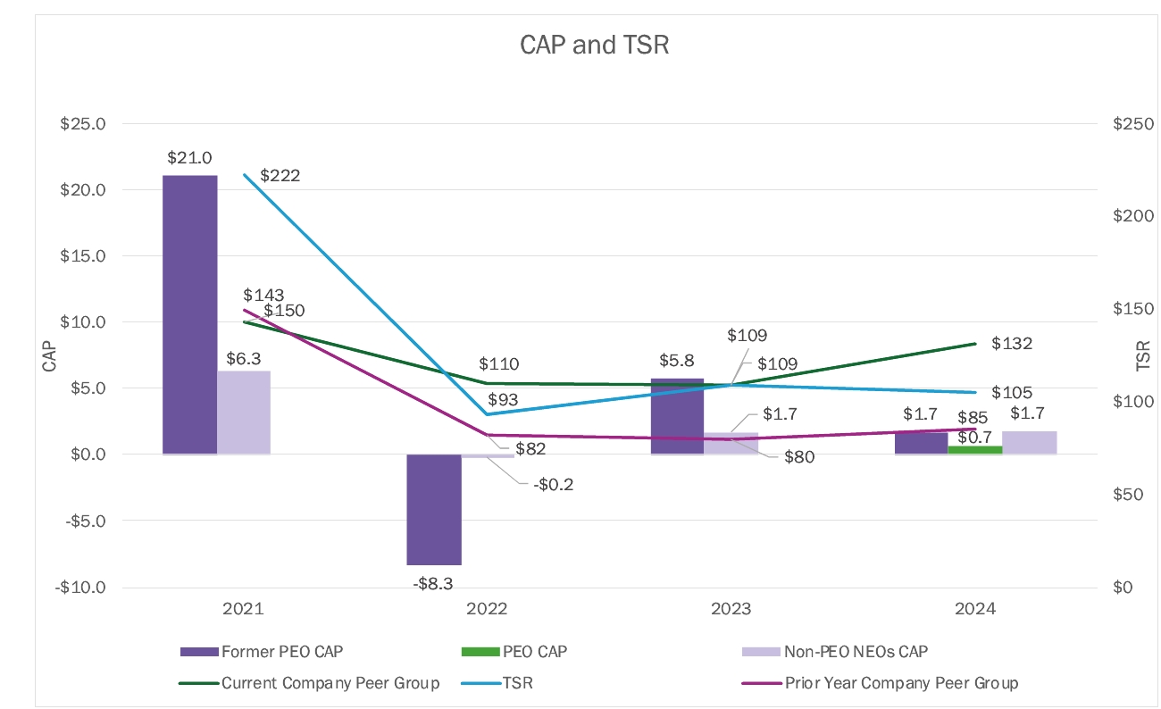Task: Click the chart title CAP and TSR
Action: [x=594, y=45]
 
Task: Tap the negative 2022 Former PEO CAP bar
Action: [x=434, y=509]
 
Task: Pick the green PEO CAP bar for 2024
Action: [x=975, y=450]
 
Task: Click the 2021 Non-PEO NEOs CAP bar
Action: [x=244, y=413]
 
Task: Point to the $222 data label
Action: [x=280, y=176]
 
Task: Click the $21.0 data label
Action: [x=189, y=158]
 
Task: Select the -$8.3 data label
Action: [x=434, y=584]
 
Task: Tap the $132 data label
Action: [x=1012, y=344]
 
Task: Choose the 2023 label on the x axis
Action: [x=731, y=610]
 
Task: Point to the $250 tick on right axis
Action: [x=1130, y=124]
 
